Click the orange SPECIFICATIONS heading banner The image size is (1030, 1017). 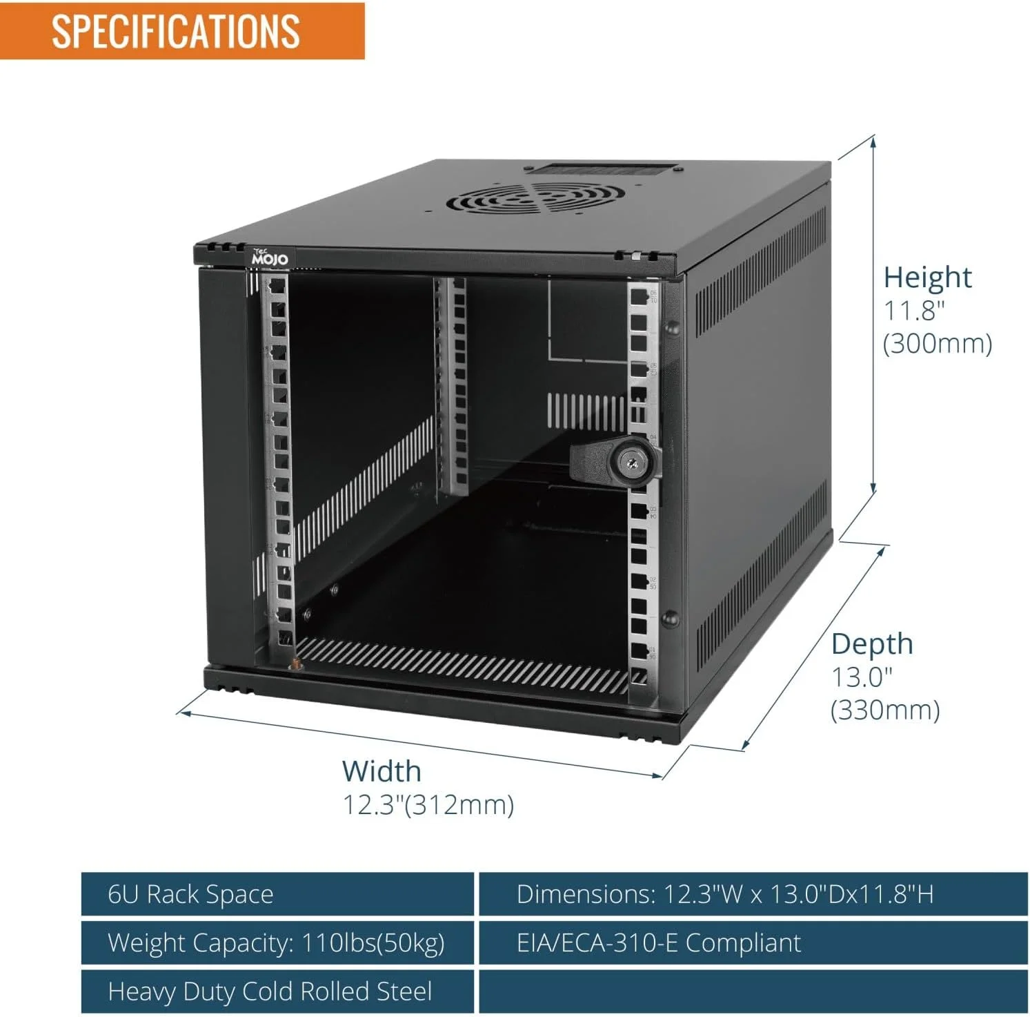pyautogui.click(x=182, y=31)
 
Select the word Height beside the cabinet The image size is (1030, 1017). pyautogui.click(x=927, y=277)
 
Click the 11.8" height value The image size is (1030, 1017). pyautogui.click(x=914, y=311)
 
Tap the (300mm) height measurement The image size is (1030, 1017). pyautogui.click(x=938, y=343)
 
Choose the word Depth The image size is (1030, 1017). pyautogui.click(x=872, y=644)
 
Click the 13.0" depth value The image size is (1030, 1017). pyautogui.click(x=862, y=677)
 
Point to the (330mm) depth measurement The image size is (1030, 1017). pyautogui.click(x=885, y=710)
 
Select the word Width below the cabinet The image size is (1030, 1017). pyautogui.click(x=382, y=771)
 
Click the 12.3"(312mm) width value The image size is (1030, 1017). pyautogui.click(x=428, y=804)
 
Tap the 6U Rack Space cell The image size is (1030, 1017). pyautogui.click(x=277, y=894)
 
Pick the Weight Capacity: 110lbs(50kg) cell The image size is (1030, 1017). pyautogui.click(x=277, y=942)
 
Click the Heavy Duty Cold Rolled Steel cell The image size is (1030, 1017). pyautogui.click(x=277, y=991)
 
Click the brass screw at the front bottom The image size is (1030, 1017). pyautogui.click(x=295, y=665)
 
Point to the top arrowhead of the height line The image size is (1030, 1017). pyautogui.click(x=873, y=141)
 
